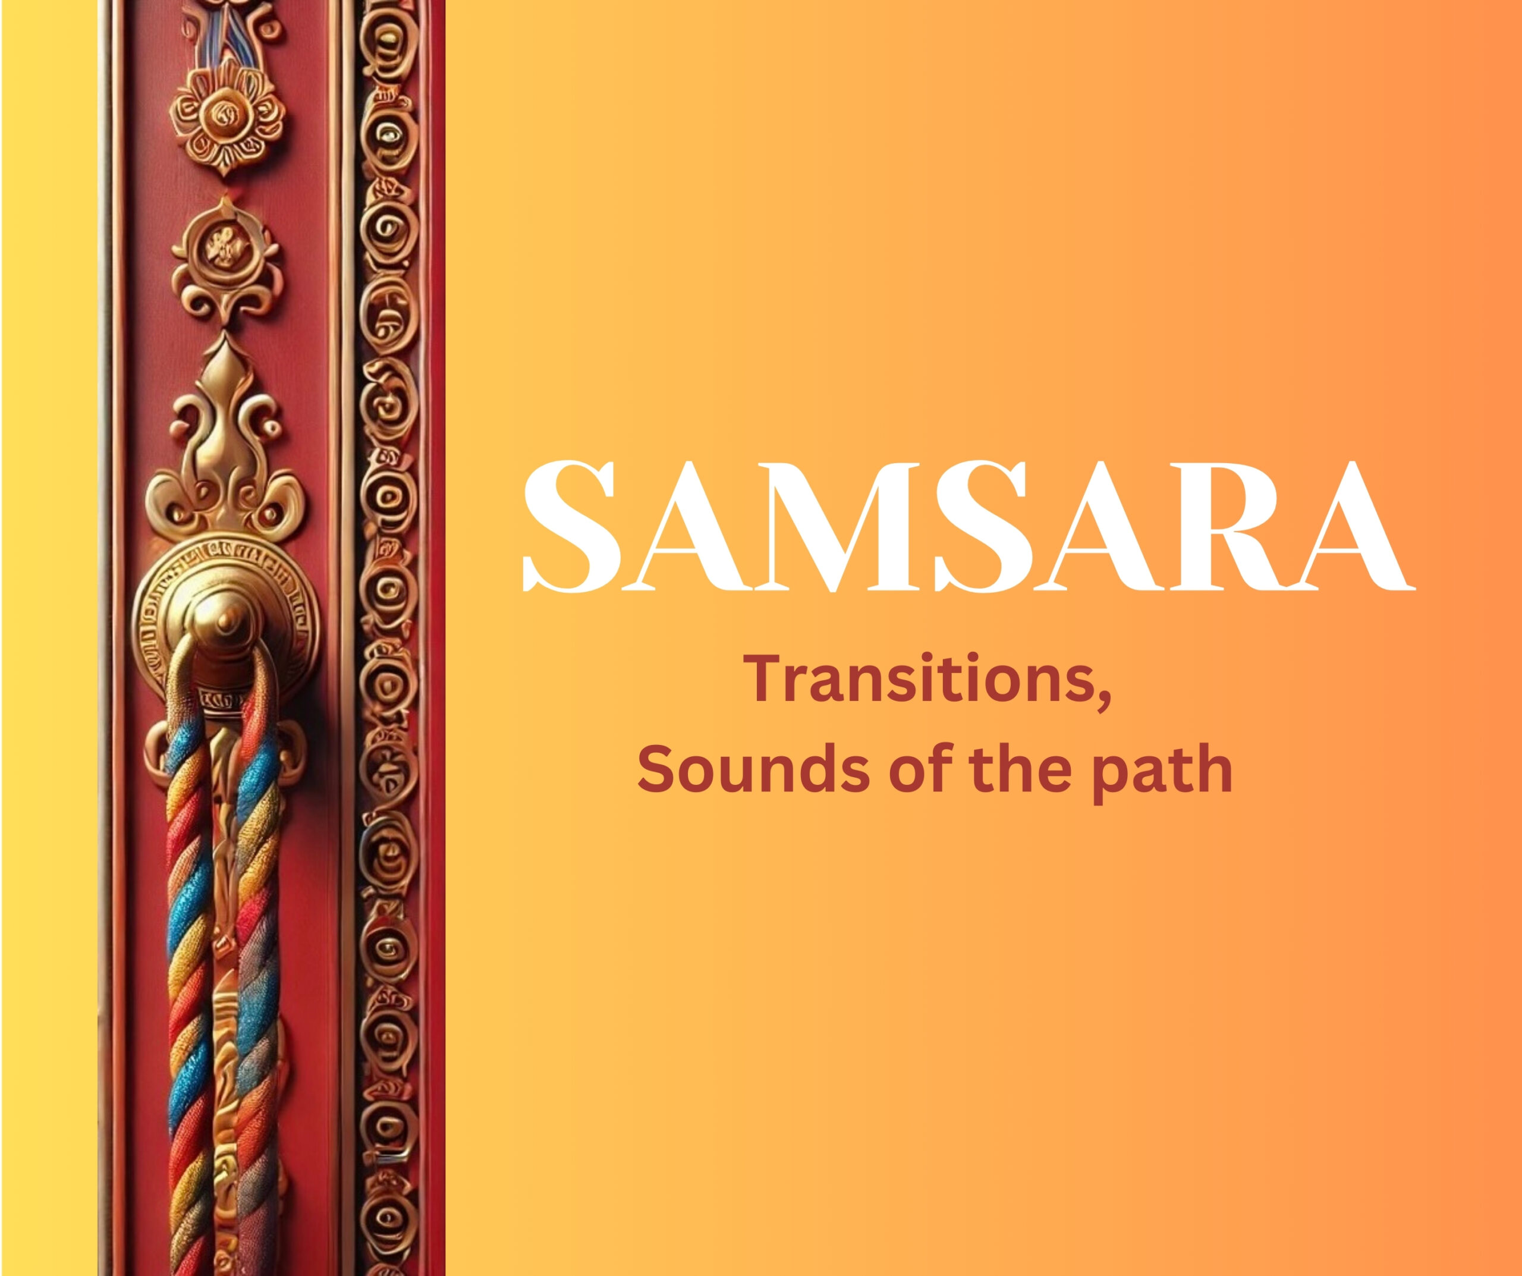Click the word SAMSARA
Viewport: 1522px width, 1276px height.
969,526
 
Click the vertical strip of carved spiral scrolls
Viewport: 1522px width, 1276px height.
388,638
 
